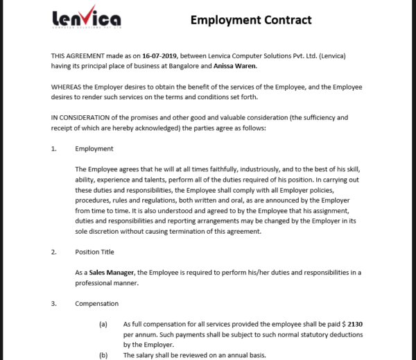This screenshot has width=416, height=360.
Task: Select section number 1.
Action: pyautogui.click(x=54, y=148)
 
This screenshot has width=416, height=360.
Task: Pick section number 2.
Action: pyautogui.click(x=54, y=252)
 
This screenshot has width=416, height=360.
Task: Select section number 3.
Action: pyautogui.click(x=54, y=304)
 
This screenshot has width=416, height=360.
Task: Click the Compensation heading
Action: pyautogui.click(x=96, y=304)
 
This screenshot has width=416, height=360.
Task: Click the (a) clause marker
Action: pyautogui.click(x=103, y=324)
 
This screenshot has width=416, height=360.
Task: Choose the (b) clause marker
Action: pyautogui.click(x=103, y=355)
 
